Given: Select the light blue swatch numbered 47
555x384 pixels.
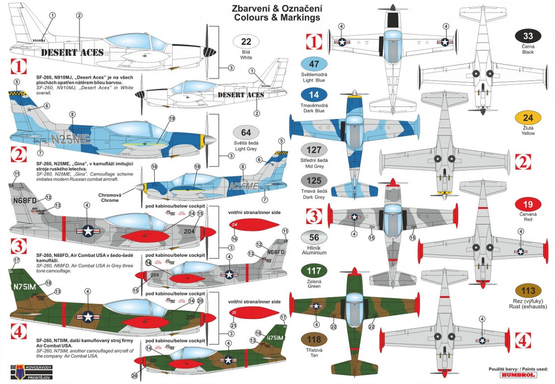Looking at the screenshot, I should (314, 64).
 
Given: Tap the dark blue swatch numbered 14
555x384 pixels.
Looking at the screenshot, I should (314, 94).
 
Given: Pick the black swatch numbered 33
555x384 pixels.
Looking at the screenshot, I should (528, 36).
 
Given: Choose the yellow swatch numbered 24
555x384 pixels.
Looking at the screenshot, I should (528, 118).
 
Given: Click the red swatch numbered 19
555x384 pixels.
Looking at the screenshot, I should (528, 204).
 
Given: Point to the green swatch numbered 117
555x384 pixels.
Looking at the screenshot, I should (314, 271).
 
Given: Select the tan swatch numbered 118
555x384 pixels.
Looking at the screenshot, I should (314, 339).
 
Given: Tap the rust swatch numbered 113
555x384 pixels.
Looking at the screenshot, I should (528, 291).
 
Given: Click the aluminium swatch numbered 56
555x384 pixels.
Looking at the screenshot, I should (314, 238).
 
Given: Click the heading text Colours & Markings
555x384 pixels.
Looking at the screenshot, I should (277, 18).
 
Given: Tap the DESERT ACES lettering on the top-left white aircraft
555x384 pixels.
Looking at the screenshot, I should (72, 52).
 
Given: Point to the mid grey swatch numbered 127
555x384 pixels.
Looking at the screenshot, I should (314, 150).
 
